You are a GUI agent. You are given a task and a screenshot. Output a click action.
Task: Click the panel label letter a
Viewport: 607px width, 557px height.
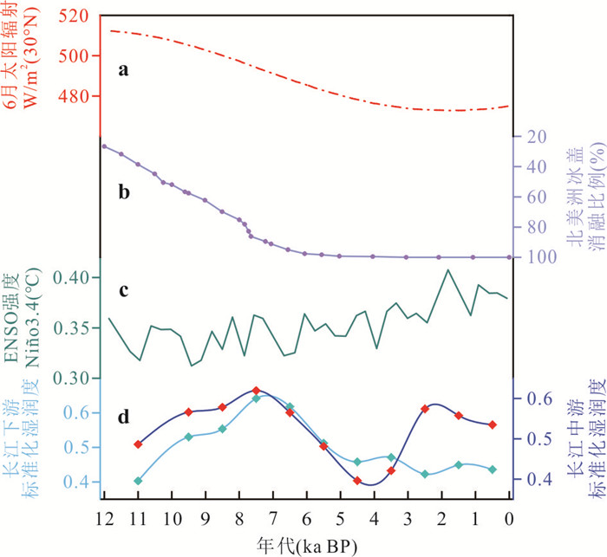coord(124,72)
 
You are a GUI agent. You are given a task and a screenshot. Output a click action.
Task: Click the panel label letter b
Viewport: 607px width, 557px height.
coord(124,192)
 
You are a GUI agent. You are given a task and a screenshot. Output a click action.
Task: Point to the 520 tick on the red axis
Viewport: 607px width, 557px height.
coord(76,16)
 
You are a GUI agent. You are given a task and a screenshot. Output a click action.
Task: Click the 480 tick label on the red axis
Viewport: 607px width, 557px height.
coord(76,95)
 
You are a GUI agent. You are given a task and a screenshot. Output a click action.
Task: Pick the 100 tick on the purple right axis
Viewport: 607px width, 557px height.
coord(534,257)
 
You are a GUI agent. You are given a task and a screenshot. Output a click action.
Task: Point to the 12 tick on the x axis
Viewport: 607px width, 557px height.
coord(103,518)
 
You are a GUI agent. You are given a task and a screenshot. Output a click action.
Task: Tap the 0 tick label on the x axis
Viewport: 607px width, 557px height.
coord(509,518)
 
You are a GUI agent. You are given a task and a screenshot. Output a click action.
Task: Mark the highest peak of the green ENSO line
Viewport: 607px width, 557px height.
coord(448,269)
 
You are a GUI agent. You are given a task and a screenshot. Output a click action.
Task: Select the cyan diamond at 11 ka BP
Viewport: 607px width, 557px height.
coord(138,480)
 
